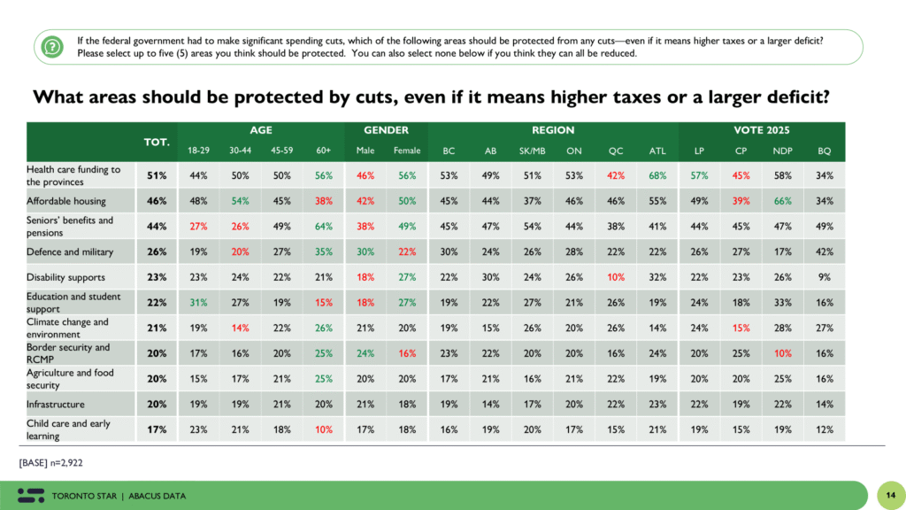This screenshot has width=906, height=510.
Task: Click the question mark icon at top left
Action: click(53, 46)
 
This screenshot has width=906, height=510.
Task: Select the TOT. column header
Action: click(157, 141)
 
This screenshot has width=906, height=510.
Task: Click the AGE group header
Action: click(260, 130)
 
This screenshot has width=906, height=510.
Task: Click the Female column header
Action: click(406, 151)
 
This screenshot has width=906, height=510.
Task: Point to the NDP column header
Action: click(782, 151)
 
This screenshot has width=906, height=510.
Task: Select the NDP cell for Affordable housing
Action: click(782, 201)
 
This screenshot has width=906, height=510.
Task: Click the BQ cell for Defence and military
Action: click(824, 251)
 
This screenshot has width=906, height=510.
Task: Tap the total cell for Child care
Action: click(157, 430)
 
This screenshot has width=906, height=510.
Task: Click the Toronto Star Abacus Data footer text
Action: click(119, 495)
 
